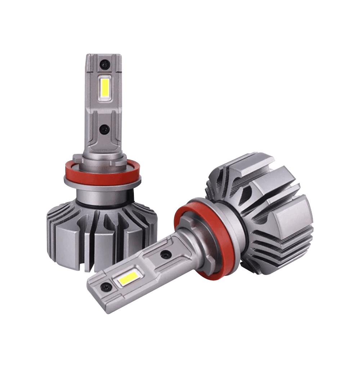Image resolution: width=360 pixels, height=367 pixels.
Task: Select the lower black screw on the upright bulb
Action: [x=104, y=129]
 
